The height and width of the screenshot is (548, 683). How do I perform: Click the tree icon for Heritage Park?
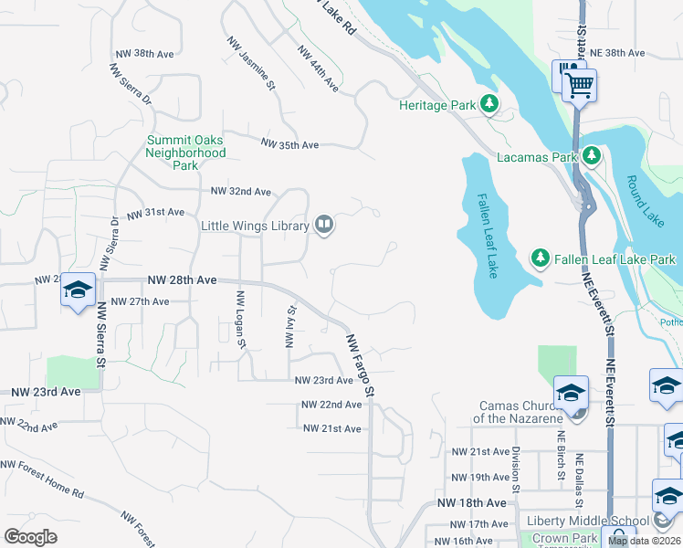[490, 105]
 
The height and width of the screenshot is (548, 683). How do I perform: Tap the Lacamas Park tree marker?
[591, 157]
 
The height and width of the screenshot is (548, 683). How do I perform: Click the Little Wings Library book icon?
[324, 225]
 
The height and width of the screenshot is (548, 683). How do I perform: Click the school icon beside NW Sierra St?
[78, 291]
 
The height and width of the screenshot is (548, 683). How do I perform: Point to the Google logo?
[30, 536]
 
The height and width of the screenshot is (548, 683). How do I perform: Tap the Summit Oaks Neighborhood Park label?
[186, 153]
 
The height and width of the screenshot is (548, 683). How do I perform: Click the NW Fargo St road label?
[360, 364]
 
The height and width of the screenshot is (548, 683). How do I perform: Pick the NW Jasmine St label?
[251, 64]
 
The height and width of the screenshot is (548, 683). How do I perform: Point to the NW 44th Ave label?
[319, 69]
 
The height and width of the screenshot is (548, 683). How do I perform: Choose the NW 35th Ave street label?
[289, 144]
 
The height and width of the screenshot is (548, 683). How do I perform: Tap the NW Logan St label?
[241, 319]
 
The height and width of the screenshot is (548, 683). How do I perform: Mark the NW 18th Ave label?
[471, 503]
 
